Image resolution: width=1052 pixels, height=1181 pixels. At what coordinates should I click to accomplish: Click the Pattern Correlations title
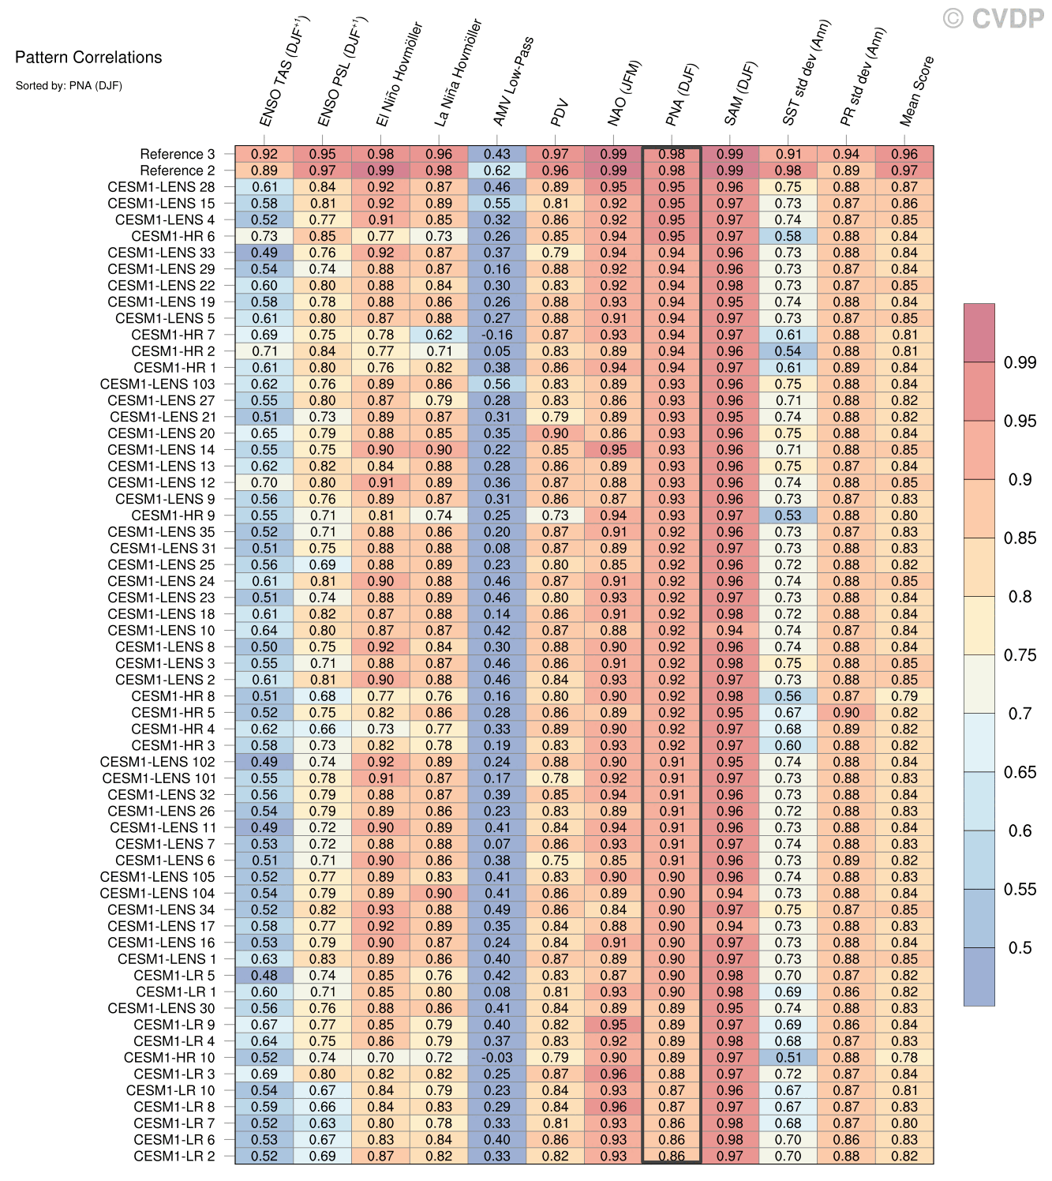click(x=88, y=58)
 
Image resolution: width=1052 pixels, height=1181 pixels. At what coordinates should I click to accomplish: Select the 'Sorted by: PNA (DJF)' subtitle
click(x=69, y=86)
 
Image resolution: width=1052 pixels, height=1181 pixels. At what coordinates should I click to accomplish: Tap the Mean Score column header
click(x=916, y=91)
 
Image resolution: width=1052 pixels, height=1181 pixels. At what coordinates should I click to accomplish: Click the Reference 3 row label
click(x=177, y=154)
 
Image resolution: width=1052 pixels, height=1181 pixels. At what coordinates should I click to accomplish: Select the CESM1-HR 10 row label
click(x=169, y=1057)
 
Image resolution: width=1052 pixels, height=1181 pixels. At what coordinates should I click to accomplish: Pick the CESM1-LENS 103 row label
click(x=157, y=384)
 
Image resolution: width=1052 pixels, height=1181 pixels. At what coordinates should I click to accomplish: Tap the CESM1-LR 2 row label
click(x=174, y=1156)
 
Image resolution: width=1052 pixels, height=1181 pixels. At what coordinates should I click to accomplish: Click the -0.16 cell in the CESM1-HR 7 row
click(x=497, y=335)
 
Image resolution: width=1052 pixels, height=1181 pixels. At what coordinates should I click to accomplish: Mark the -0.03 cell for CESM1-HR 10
click(x=497, y=1057)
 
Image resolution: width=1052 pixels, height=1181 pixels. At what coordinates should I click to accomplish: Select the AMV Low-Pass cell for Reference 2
click(x=497, y=171)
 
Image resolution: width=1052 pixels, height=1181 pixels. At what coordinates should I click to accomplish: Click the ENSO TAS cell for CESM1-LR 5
click(x=264, y=975)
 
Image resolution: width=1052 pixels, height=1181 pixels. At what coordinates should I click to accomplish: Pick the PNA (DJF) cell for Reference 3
click(x=672, y=154)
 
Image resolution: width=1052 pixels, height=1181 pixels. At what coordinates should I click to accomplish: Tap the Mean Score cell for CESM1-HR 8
click(x=904, y=696)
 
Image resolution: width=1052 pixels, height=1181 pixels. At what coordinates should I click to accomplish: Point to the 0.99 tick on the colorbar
click(x=1020, y=362)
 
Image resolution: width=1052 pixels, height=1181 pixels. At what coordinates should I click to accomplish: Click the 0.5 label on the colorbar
click(x=1020, y=947)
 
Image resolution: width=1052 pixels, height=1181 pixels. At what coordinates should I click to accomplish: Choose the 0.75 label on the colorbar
click(x=1020, y=655)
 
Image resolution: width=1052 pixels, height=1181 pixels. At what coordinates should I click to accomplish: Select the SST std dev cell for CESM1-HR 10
click(x=788, y=1057)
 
